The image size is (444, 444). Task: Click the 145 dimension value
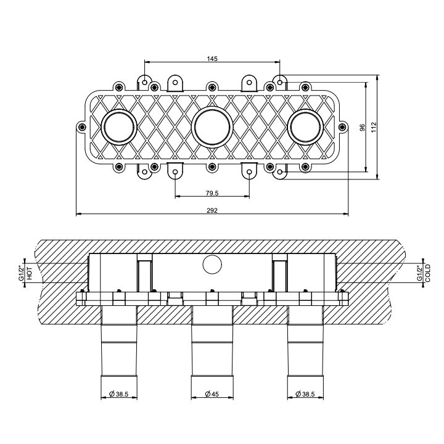pyautogui.click(x=212, y=59)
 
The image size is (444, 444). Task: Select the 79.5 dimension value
pyautogui.click(x=212, y=192)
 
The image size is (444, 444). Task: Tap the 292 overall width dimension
pyautogui.click(x=212, y=210)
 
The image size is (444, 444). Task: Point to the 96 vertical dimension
pyautogui.click(x=363, y=127)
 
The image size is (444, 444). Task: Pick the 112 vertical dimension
pyautogui.click(x=374, y=127)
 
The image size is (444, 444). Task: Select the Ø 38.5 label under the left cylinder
pyautogui.click(x=118, y=393)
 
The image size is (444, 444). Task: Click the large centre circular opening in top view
pyautogui.click(x=212, y=127)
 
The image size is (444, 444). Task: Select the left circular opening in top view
pyautogui.click(x=118, y=127)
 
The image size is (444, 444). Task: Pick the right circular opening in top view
pyautogui.click(x=305, y=127)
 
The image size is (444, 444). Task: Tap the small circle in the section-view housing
pyautogui.click(x=212, y=265)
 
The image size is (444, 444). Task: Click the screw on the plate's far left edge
pyautogui.click(x=83, y=127)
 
